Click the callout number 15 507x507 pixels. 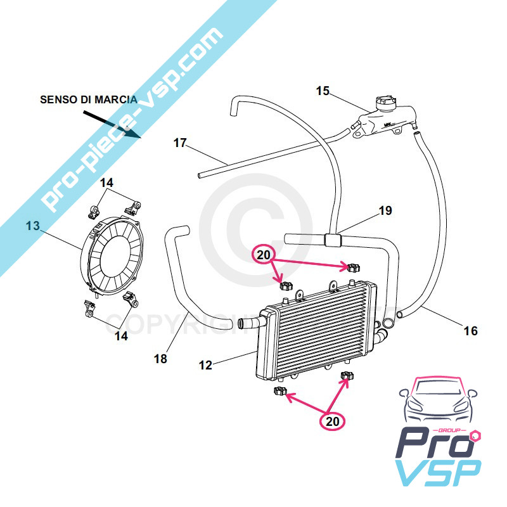click(323, 91)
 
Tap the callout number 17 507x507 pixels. click(180, 143)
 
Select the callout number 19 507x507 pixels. click(385, 211)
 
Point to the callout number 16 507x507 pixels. click(470, 331)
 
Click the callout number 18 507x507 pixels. click(160, 359)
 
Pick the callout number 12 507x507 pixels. click(205, 366)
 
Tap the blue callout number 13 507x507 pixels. click(32, 226)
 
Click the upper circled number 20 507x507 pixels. click(264, 255)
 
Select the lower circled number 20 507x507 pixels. click(333, 420)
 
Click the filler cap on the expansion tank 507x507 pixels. click(385, 103)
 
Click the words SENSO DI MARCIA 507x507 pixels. click(88, 99)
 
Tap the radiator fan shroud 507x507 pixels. click(114, 254)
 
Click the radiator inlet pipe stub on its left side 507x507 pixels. click(249, 323)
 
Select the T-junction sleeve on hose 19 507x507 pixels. click(332, 240)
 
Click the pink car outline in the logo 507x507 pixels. click(437, 402)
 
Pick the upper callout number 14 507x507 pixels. click(106, 183)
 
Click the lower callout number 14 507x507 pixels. click(121, 336)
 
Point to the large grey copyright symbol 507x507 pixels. click(253, 228)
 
